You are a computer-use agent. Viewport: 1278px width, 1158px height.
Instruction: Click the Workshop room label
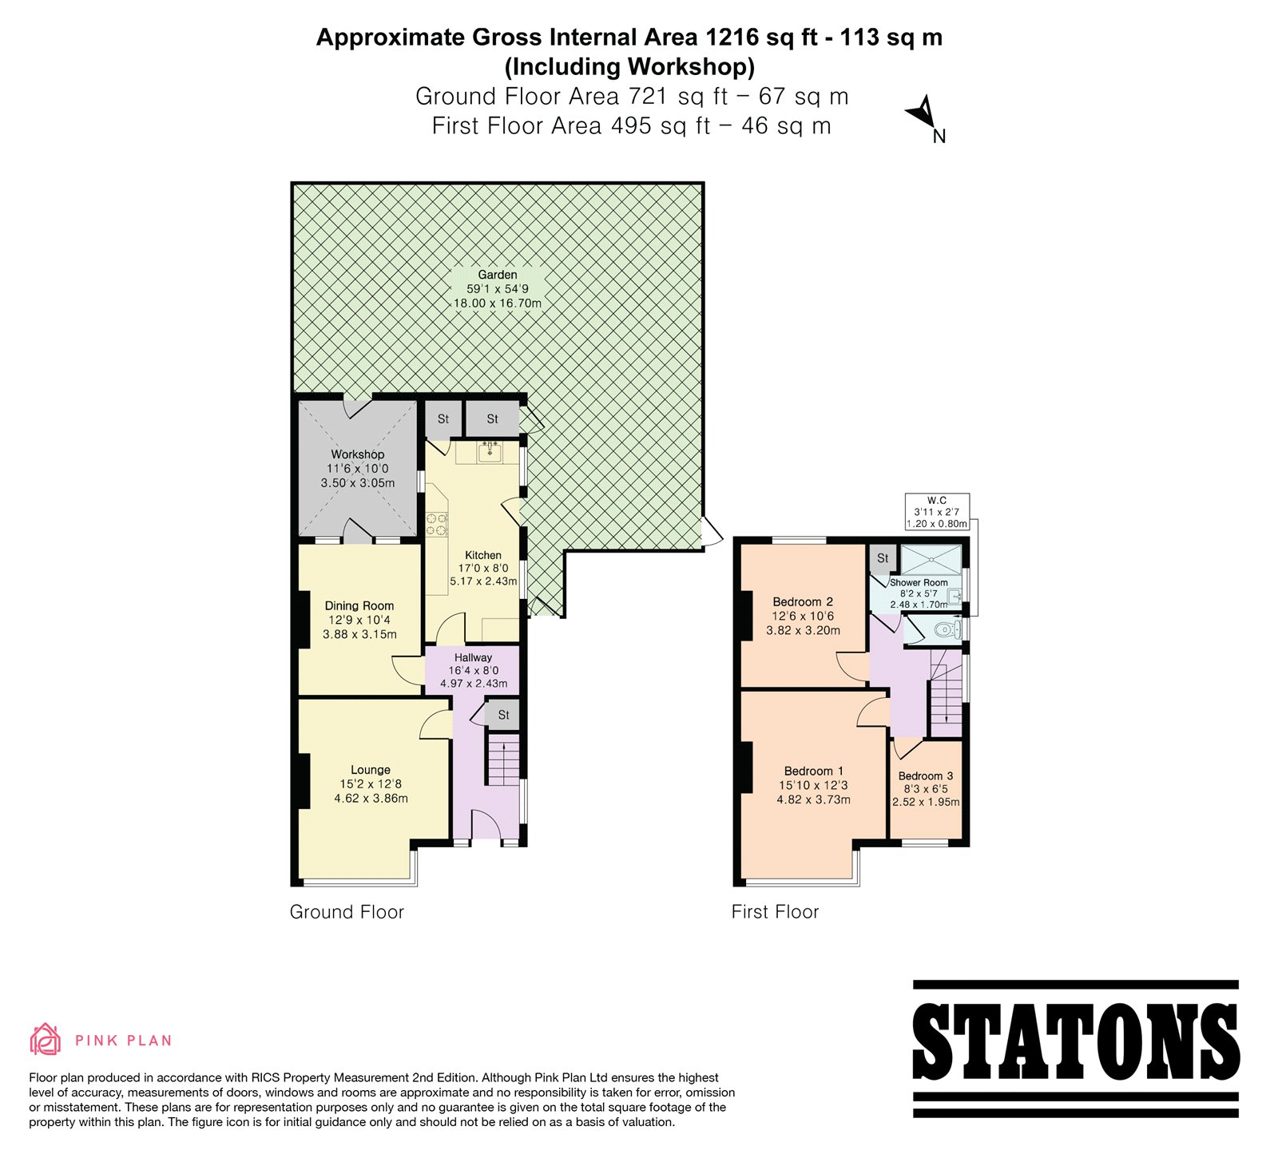[x=358, y=454]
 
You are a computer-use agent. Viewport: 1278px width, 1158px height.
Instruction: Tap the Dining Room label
[x=359, y=605]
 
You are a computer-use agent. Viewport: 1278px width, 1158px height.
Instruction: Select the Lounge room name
[x=371, y=770]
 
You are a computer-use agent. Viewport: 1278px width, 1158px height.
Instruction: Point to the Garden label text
[x=498, y=275]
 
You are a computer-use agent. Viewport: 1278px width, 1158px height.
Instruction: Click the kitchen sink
[x=490, y=453]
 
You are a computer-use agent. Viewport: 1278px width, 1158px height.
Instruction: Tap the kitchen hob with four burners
[x=436, y=523]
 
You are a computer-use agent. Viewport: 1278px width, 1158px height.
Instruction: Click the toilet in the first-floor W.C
[x=947, y=629]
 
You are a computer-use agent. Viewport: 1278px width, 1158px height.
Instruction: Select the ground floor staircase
[x=504, y=761]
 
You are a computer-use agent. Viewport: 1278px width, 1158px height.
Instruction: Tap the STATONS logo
[x=1076, y=1049]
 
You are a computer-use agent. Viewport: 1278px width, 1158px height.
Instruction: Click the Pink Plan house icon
[x=46, y=1039]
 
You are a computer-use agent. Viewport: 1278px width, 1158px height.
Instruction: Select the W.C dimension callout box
[x=937, y=511]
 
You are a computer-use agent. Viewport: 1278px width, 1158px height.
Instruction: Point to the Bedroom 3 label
[x=926, y=775]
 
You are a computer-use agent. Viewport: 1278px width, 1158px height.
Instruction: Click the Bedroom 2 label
[x=803, y=601]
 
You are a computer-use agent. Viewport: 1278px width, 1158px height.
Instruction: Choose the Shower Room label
[x=919, y=582]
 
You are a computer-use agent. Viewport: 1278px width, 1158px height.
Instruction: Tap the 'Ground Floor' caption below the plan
[x=347, y=912]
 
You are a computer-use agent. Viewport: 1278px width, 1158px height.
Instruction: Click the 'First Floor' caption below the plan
[x=775, y=912]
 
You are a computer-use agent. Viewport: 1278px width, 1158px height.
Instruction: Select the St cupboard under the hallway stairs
[x=503, y=715]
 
